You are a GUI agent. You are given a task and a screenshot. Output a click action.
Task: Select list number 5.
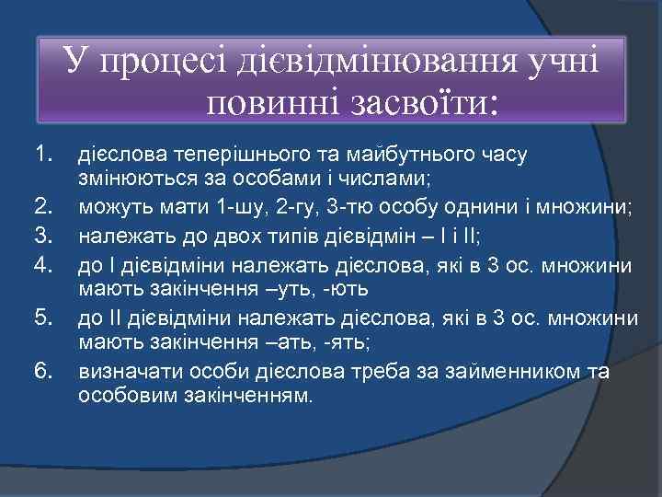(43, 319)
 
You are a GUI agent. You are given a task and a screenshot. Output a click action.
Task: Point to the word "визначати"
(128, 372)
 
